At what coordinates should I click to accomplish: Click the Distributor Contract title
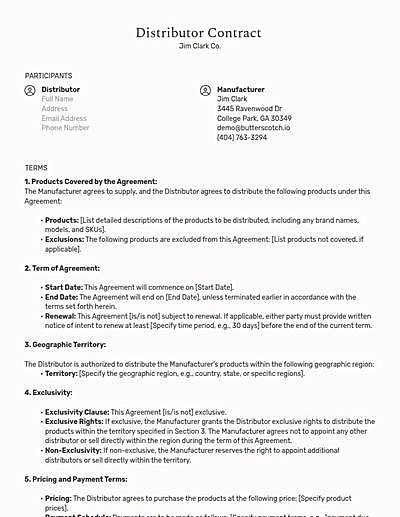pos(200,33)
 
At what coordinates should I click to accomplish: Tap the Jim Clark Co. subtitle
pos(200,46)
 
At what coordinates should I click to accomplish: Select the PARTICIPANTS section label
pos(48,75)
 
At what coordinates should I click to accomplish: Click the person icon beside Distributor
pos(30,90)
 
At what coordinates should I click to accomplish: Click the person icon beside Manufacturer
pos(206,90)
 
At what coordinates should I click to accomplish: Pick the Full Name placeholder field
pos(58,99)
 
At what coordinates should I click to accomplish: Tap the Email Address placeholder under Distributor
pos(64,118)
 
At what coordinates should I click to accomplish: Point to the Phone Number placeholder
pos(65,128)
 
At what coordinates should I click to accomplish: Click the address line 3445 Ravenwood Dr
pos(249,109)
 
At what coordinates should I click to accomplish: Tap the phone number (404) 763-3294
pos(242,137)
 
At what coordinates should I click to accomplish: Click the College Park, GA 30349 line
pos(254,118)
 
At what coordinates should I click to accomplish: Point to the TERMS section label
pos(36,167)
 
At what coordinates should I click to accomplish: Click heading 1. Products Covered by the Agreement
pos(90,181)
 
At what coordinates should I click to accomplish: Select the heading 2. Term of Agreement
pos(62,268)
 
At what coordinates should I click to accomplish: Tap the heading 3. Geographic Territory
pos(65,344)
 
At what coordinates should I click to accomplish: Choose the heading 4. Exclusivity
pos(50,392)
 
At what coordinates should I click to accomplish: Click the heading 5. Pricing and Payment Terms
pos(78,479)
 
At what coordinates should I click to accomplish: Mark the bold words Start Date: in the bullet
pos(63,287)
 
